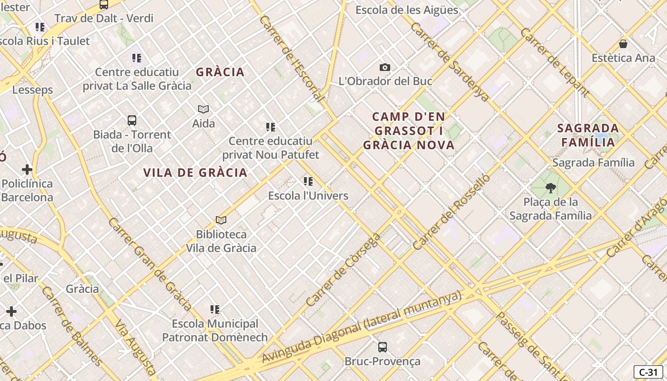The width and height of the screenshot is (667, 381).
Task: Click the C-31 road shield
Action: (648, 372)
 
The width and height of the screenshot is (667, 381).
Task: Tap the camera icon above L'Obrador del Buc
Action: (385, 68)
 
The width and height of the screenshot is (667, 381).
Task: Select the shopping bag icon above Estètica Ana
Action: (623, 44)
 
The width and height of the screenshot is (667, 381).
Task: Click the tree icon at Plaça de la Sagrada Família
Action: (551, 188)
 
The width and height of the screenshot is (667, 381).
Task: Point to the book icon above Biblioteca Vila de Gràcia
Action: (221, 220)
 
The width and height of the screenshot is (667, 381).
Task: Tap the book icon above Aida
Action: (203, 110)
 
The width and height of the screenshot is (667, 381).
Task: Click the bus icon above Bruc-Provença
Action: (382, 347)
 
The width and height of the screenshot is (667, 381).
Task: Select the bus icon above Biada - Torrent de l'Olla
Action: (132, 120)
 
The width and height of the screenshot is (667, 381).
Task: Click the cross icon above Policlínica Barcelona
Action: (27, 169)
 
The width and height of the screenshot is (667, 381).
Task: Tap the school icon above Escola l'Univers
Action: (308, 181)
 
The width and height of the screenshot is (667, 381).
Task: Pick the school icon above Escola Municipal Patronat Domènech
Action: (215, 310)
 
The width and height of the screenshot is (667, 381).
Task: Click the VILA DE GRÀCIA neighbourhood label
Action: (195, 172)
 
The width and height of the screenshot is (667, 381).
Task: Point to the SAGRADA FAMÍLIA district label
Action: (588, 135)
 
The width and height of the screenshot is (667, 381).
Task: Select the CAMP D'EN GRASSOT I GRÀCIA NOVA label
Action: (409, 130)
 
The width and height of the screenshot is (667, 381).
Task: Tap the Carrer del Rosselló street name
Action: (451, 212)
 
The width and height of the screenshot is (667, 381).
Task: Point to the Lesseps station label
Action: (32, 90)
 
